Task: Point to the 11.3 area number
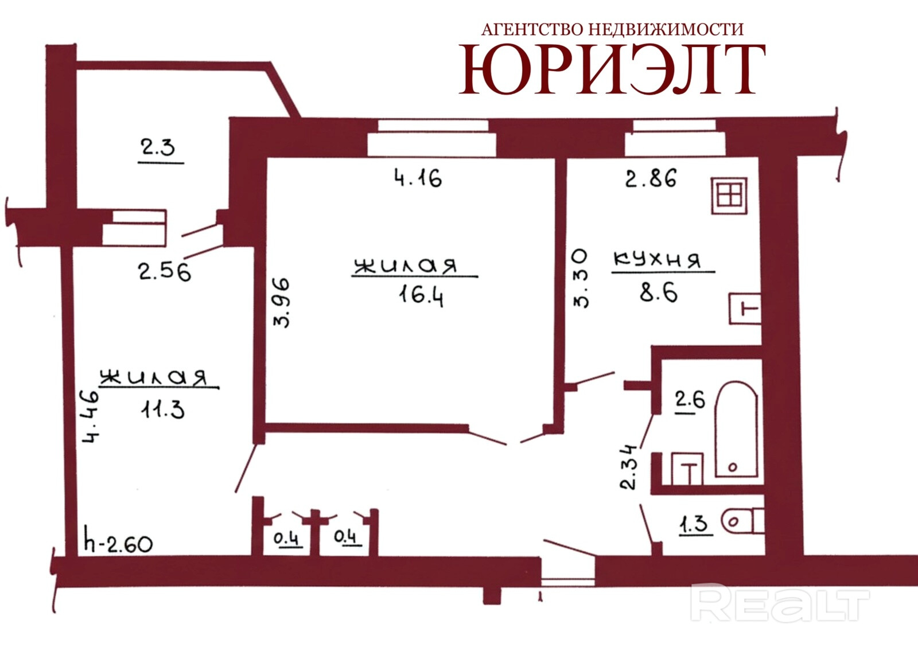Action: tap(163, 408)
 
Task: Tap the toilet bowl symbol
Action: tap(742, 522)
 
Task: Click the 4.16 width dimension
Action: tap(418, 178)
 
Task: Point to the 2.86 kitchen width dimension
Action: tap(651, 178)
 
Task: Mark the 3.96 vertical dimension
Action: tap(282, 303)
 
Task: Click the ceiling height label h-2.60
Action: tap(118, 544)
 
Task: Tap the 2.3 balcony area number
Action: tap(158, 147)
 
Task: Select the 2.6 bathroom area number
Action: tap(691, 400)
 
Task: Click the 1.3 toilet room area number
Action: tap(695, 524)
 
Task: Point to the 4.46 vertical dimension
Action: tap(91, 417)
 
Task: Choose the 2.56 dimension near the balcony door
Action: tap(165, 271)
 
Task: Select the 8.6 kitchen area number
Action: tap(659, 292)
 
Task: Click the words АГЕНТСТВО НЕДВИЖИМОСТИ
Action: tap(612, 29)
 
